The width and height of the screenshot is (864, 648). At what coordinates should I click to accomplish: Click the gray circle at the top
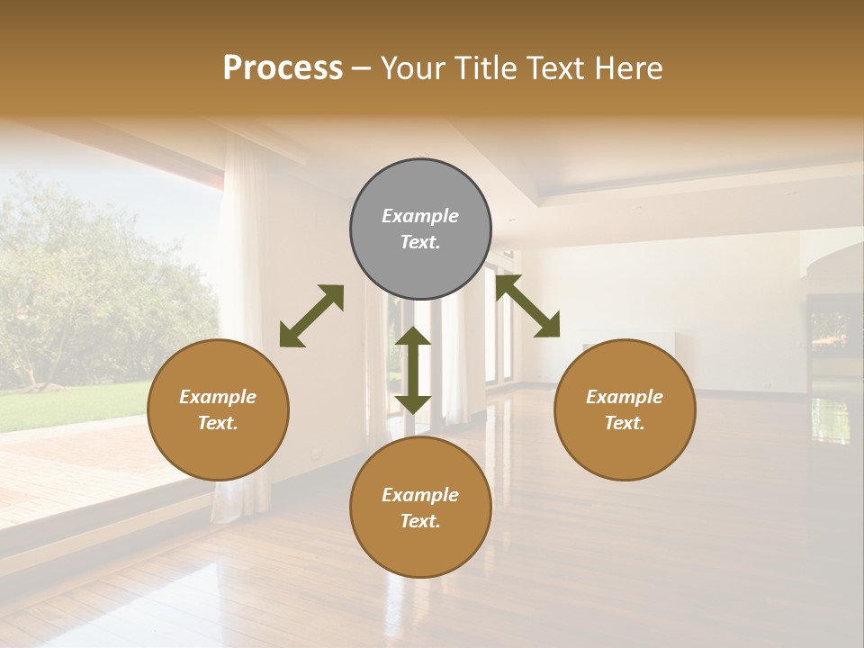tap(420, 229)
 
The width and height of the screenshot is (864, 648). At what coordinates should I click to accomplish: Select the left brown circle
tap(218, 409)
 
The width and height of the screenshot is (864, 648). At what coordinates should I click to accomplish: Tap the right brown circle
tap(625, 409)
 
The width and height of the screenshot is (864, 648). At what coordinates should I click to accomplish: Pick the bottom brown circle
tap(420, 508)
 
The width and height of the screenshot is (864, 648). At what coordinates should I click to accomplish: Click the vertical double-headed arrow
tap(413, 370)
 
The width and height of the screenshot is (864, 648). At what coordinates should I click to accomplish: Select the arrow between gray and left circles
tap(311, 316)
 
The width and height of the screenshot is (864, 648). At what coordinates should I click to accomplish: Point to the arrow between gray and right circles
tap(528, 306)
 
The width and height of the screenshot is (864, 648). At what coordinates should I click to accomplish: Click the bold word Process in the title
tap(283, 67)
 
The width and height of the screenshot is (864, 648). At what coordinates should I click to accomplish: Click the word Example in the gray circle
tap(420, 216)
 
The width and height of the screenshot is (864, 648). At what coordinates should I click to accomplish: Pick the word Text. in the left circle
tap(218, 423)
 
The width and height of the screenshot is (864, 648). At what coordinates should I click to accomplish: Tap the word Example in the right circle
tap(625, 397)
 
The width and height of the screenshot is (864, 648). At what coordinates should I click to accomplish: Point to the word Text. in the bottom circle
tap(420, 521)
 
